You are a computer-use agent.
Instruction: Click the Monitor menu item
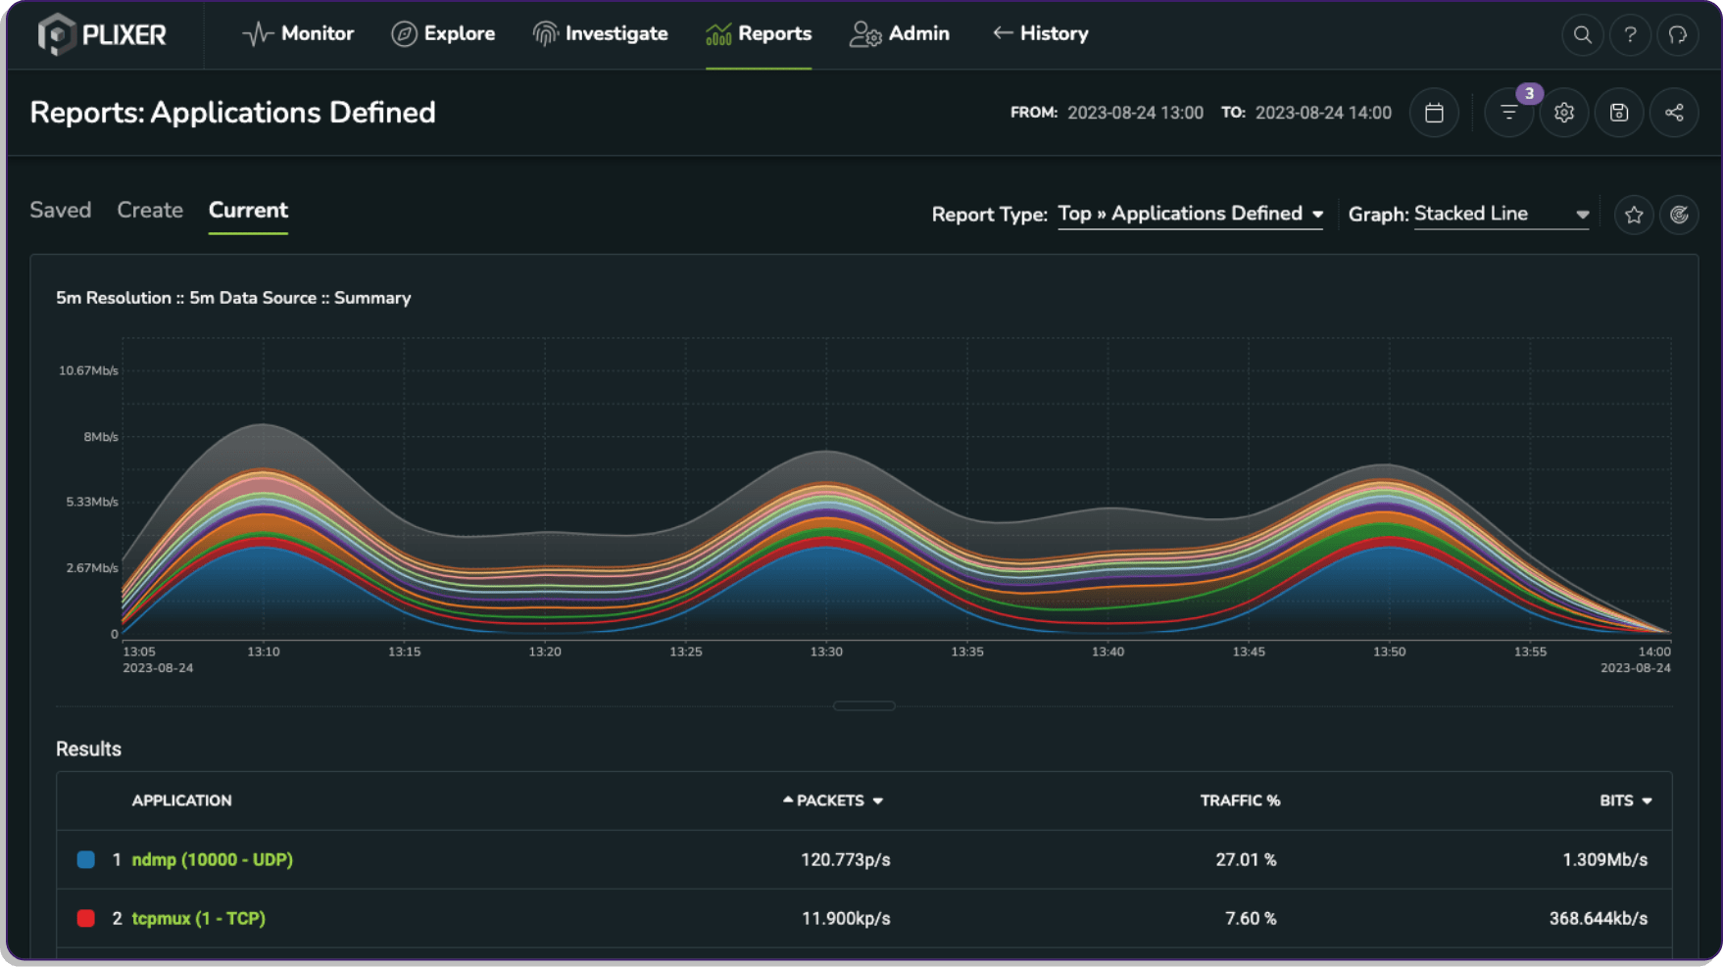pyautogui.click(x=298, y=34)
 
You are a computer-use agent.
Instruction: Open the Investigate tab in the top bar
pyautogui.click(x=600, y=34)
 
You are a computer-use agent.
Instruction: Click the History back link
pyautogui.click(x=1040, y=34)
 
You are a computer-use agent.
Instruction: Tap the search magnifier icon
pyautogui.click(x=1582, y=35)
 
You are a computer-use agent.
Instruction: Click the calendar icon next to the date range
pyautogui.click(x=1434, y=113)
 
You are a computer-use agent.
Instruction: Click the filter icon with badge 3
pyautogui.click(x=1508, y=113)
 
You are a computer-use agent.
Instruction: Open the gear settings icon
pyautogui.click(x=1563, y=113)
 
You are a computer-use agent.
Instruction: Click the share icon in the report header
pyautogui.click(x=1673, y=113)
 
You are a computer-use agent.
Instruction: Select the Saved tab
pyautogui.click(x=60, y=211)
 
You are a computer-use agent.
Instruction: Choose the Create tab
pyautogui.click(x=150, y=211)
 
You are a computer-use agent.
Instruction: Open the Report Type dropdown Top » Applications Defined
pyautogui.click(x=1190, y=215)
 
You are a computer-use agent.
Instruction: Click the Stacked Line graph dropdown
pyautogui.click(x=1501, y=215)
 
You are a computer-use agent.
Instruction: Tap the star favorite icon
pyautogui.click(x=1633, y=216)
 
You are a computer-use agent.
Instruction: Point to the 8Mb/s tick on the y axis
pyautogui.click(x=100, y=437)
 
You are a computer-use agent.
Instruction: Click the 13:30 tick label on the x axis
pyautogui.click(x=825, y=652)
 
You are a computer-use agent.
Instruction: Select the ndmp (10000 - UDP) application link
pyautogui.click(x=212, y=860)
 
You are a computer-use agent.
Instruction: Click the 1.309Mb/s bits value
pyautogui.click(x=1604, y=860)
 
